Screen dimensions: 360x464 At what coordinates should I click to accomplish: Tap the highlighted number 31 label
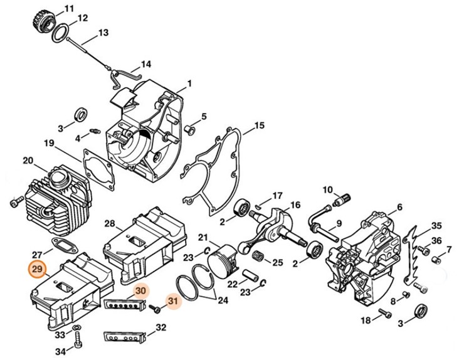point(172,302)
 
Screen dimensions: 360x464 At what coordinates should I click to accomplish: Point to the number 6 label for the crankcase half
point(399,208)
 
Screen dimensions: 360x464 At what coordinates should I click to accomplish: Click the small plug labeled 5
point(191,129)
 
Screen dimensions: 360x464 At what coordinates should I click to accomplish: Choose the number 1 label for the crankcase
point(189,83)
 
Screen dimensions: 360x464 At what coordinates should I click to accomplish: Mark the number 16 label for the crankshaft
point(295,205)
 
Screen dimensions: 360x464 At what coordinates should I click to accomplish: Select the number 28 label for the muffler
point(109,224)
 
